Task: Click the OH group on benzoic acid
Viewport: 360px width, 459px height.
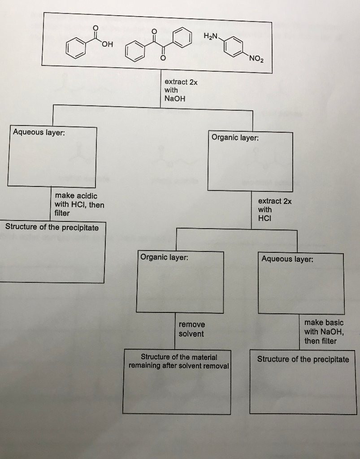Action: coord(108,44)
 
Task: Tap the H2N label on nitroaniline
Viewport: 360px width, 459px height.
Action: coord(211,36)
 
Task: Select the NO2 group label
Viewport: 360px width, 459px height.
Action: coord(256,59)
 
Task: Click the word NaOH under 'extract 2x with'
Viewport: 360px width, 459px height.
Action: coord(175,99)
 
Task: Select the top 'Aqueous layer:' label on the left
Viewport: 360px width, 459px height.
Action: coord(39,132)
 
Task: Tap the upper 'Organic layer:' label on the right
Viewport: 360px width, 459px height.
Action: coord(235,138)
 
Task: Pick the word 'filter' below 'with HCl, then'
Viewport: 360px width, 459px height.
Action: coord(62,213)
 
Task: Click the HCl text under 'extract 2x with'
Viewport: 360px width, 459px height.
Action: coord(265,218)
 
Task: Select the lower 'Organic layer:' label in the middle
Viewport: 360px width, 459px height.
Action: coord(164,257)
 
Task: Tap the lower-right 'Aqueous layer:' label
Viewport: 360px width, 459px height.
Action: coord(287,259)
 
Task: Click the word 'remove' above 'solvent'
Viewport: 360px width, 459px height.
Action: coord(192,325)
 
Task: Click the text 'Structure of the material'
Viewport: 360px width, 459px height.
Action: coord(179,357)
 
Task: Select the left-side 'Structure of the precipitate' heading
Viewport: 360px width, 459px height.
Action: coord(52,227)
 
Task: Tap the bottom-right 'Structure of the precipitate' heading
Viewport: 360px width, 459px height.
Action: coord(303,359)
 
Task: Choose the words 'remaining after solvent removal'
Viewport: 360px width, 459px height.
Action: coord(179,366)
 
